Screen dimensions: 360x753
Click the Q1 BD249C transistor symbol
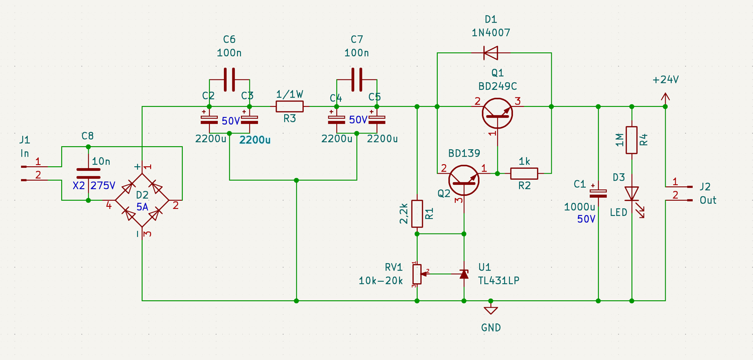[497, 112]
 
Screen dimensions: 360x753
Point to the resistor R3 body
[290, 106]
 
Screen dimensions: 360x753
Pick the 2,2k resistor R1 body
[417, 213]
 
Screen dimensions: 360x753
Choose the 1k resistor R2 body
[524, 173]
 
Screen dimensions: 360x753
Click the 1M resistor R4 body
[632, 140]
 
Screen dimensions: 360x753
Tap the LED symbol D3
[632, 194]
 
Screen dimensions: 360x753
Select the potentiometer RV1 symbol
[417, 274]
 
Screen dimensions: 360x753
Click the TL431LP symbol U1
[464, 274]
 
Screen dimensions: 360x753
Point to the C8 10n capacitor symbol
[88, 173]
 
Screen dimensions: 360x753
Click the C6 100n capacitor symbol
[229, 79]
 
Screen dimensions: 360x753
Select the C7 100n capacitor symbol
[357, 79]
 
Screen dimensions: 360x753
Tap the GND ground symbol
[491, 310]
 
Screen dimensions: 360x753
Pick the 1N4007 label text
[491, 33]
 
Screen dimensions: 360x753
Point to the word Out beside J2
[708, 200]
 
